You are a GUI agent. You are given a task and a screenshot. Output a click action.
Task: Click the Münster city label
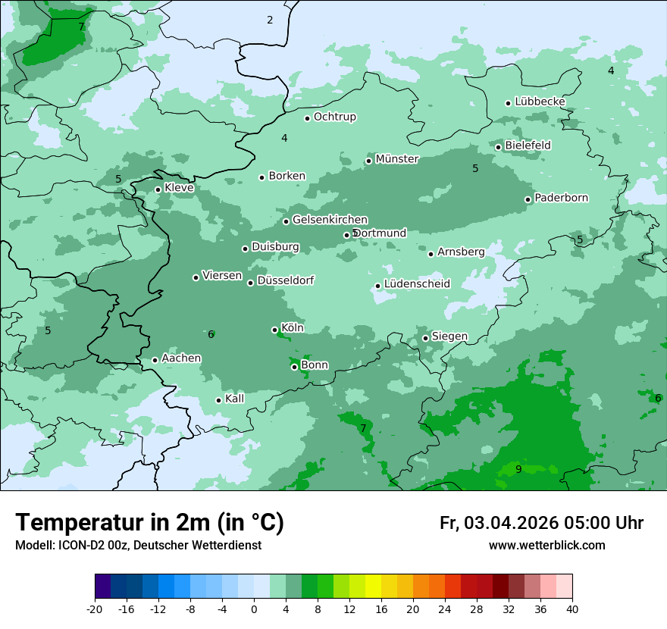pyautogui.click(x=396, y=159)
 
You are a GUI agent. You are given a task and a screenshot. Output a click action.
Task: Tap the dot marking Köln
pyautogui.click(x=274, y=330)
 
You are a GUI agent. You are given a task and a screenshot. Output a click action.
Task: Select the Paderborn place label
pyautogui.click(x=561, y=198)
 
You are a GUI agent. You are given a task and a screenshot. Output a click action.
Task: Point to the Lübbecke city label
pyautogui.click(x=540, y=102)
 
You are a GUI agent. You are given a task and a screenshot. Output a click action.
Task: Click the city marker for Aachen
pyautogui.click(x=155, y=360)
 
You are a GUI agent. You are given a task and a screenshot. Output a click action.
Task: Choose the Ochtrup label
pyautogui.click(x=334, y=117)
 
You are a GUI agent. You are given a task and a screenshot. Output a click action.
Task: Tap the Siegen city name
pyautogui.click(x=449, y=336)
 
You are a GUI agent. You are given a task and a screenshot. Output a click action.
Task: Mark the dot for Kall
pyautogui.click(x=218, y=400)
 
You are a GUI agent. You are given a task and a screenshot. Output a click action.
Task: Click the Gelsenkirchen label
pyautogui.click(x=330, y=220)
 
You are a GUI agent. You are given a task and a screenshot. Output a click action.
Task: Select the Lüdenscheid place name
pyautogui.click(x=417, y=284)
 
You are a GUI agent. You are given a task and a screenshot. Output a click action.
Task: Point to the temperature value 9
pyautogui.click(x=518, y=469)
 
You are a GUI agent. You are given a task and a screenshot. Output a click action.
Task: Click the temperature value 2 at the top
pyautogui.click(x=270, y=20)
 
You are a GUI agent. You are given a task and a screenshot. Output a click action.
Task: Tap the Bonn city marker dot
pyautogui.click(x=294, y=367)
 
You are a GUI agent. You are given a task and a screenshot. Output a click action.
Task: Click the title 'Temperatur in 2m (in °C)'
pyautogui.click(x=149, y=522)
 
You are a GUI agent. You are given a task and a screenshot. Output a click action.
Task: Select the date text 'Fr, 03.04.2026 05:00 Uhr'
pyautogui.click(x=541, y=523)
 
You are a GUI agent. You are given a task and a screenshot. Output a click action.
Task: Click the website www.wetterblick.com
pyautogui.click(x=546, y=546)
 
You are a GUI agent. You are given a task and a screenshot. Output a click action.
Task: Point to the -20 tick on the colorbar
pyautogui.click(x=95, y=609)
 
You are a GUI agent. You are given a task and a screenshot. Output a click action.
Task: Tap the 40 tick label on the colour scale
pyautogui.click(x=571, y=609)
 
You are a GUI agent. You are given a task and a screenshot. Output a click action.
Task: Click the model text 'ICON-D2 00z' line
pyautogui.click(x=138, y=546)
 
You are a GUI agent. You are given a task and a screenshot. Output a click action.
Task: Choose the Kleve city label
pyautogui.click(x=179, y=188)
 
